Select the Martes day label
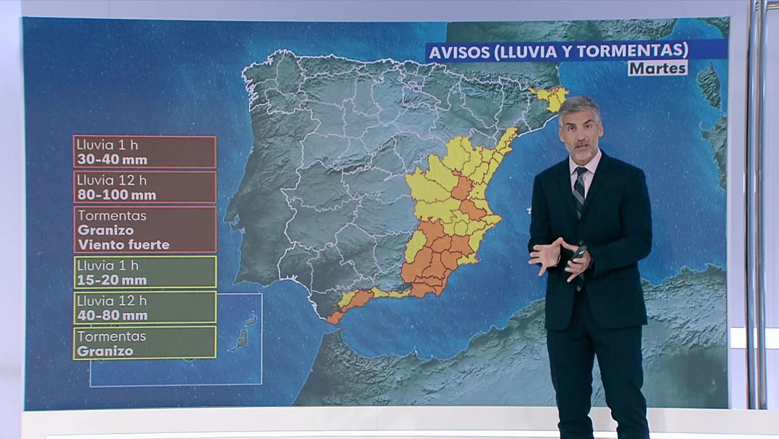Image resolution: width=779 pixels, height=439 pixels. [657, 68]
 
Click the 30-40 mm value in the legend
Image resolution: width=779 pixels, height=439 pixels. [112, 159]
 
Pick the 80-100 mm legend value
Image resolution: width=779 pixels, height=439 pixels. [117, 195]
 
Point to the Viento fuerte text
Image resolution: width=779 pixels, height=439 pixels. [124, 245]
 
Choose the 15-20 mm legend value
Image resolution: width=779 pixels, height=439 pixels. [112, 280]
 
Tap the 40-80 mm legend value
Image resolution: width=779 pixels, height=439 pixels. [112, 315]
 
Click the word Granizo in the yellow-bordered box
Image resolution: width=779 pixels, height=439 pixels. [105, 351]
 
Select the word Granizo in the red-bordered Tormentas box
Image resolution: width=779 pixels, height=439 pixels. [106, 230]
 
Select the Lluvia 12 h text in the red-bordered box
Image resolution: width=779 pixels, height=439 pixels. [111, 180]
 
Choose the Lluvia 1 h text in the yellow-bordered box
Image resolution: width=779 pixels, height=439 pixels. [108, 266]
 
